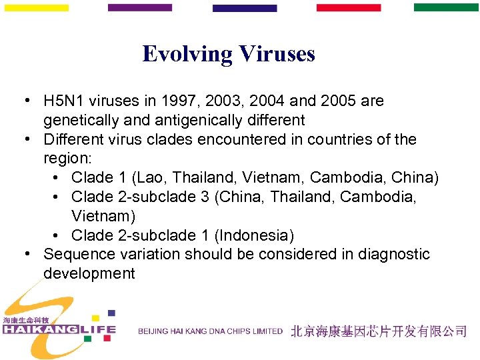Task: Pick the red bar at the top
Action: click(x=348, y=8)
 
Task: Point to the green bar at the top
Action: click(x=446, y=8)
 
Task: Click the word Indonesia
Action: click(x=256, y=235)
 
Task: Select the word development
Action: click(x=89, y=274)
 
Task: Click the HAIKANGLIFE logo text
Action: click(x=59, y=329)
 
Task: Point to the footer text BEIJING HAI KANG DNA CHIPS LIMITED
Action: click(x=210, y=331)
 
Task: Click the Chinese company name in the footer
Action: click(x=378, y=331)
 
